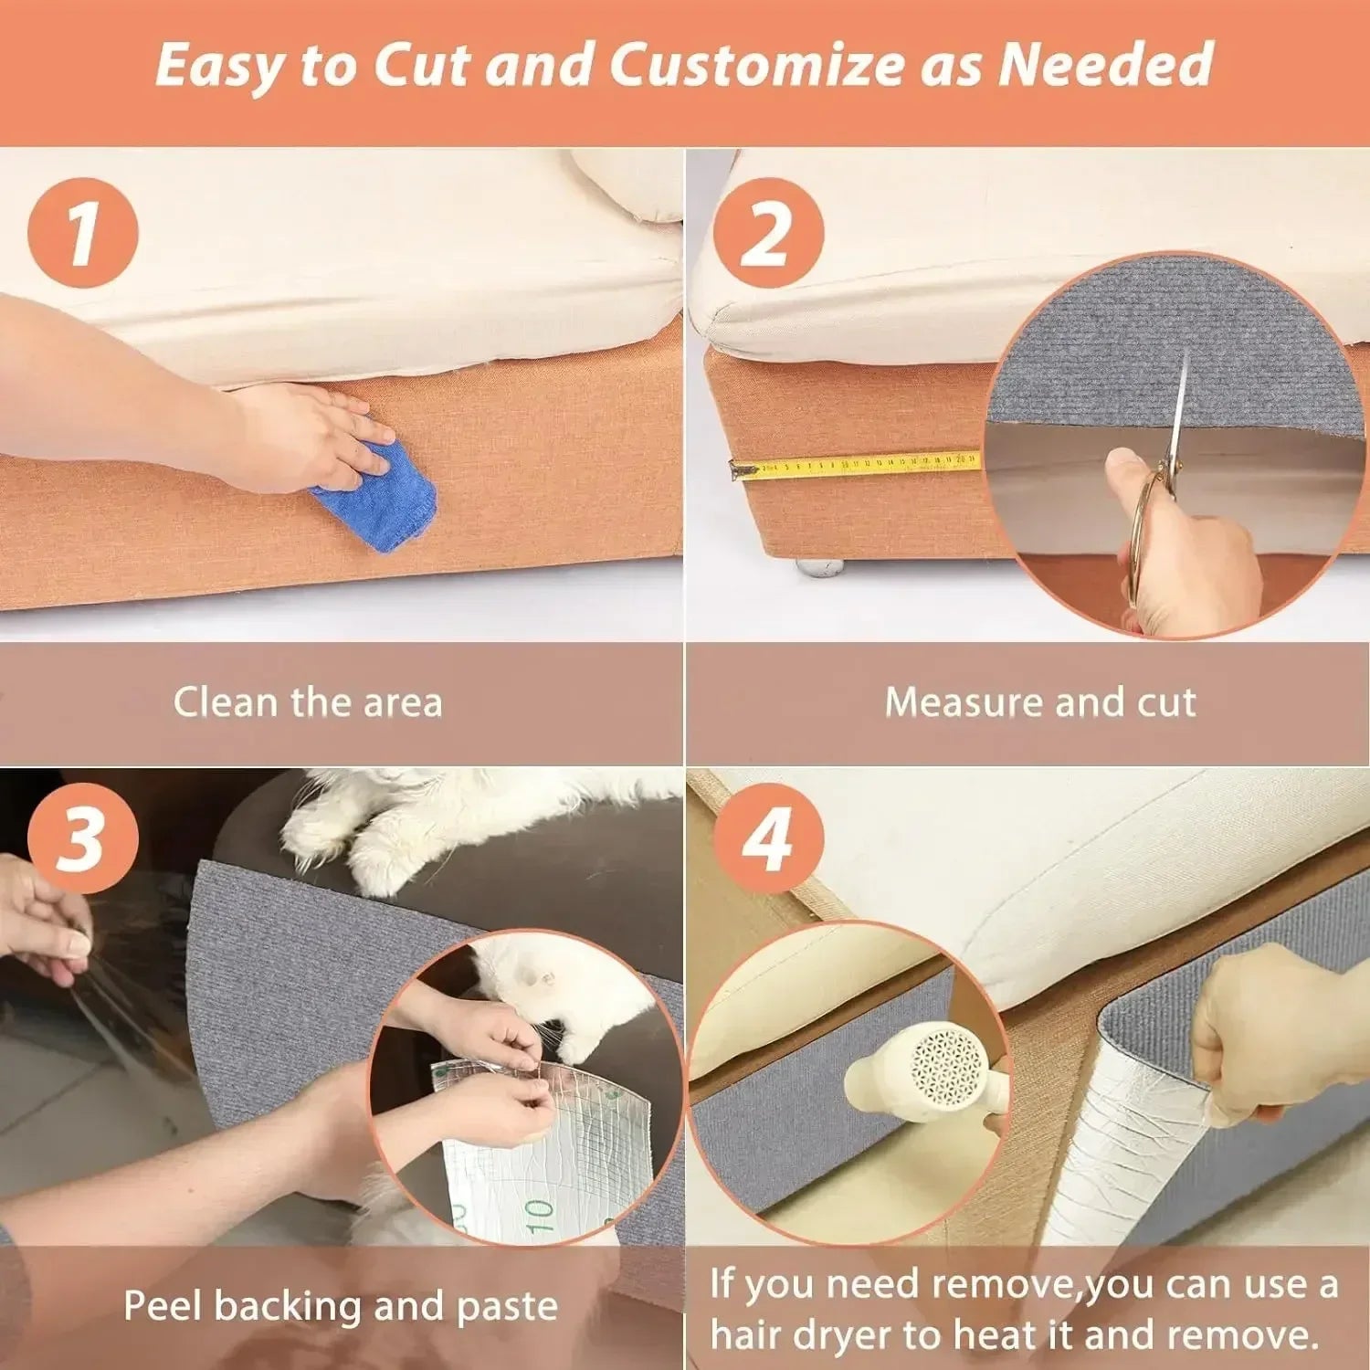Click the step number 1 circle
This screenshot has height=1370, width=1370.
(83, 233)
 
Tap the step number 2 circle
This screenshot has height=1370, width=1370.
(767, 233)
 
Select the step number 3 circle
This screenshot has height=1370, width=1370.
(83, 838)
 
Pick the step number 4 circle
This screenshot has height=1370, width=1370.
(767, 838)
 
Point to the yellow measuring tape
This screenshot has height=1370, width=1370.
(859, 465)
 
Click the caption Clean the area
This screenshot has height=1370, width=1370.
(308, 702)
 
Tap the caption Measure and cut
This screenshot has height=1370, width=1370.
(1040, 702)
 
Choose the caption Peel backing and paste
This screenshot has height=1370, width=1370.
(340, 1305)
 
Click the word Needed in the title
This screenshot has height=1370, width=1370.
(1105, 66)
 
